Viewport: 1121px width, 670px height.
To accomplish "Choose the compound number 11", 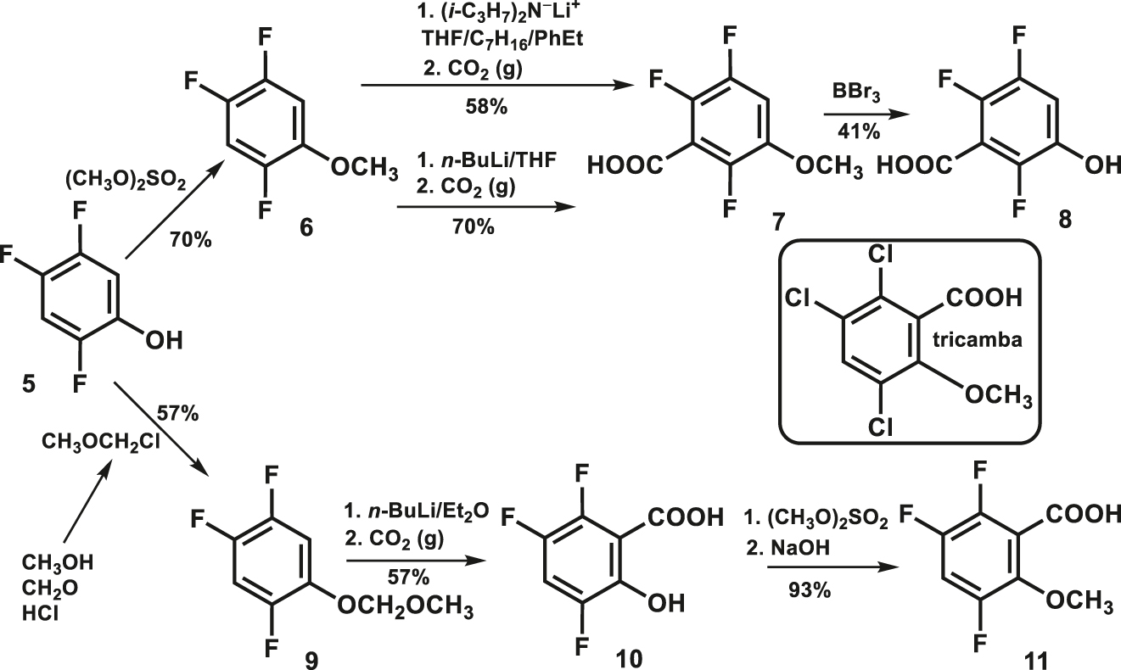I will pos(1033,657).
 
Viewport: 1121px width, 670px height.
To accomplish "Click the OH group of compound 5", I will pos(163,340).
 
